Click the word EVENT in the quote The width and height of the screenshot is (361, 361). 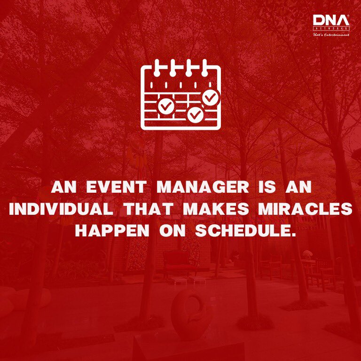pos(117,187)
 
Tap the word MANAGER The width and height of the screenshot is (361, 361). pos(203,187)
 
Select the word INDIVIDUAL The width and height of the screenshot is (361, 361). pos(61,209)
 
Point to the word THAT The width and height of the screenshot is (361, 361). pos(148,209)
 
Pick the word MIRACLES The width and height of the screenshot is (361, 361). pos(306,209)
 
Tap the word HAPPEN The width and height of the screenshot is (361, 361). pos(112,230)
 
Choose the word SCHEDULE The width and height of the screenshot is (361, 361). pos(245,230)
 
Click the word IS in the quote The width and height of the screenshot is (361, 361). pos(267,187)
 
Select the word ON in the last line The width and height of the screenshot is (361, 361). pos(173,230)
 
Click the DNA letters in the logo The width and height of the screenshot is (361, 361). pos(331,20)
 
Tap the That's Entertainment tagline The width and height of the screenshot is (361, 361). pos(331,35)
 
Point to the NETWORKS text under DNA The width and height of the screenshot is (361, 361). pos(331,28)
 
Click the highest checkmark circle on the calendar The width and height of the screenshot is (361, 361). pos(211,97)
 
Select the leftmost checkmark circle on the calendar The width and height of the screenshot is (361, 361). pos(166,106)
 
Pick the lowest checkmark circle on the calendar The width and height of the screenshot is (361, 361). pos(196,114)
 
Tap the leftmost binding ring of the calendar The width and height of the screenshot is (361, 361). pos(157,68)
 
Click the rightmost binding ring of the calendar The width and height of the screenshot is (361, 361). pos(204,68)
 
